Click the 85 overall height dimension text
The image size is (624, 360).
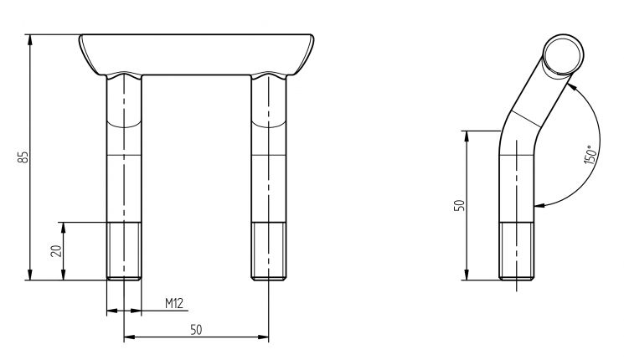click(23, 157)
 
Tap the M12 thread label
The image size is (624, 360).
click(173, 303)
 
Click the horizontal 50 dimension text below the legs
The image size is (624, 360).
click(196, 330)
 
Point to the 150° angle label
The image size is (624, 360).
click(589, 154)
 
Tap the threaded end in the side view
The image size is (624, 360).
click(517, 251)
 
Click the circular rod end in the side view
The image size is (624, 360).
click(560, 55)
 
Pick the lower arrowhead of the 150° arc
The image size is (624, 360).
click(540, 203)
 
